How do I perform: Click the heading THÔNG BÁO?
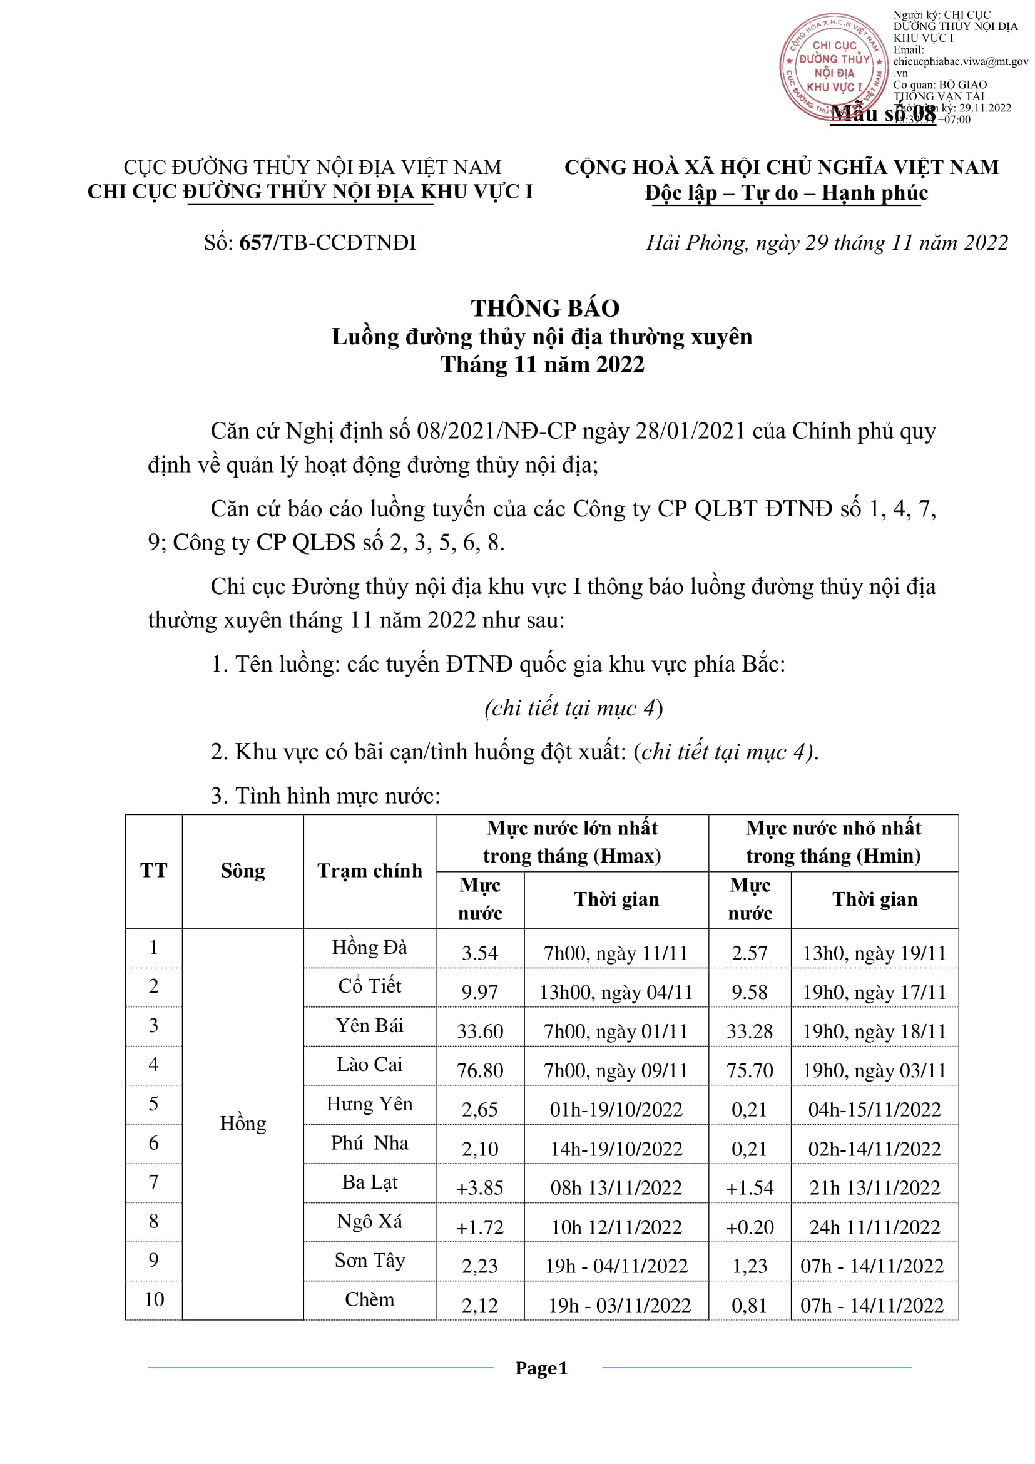click(x=545, y=309)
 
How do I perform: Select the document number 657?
click(x=255, y=243)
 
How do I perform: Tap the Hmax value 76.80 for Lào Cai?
click(x=479, y=1070)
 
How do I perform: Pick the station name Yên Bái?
click(x=370, y=1025)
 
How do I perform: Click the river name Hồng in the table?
click(x=243, y=1123)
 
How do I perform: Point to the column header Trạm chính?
click(x=370, y=871)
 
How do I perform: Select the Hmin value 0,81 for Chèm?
click(x=749, y=1305)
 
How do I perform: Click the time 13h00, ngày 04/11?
click(x=616, y=992)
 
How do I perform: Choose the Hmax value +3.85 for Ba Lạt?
click(x=479, y=1188)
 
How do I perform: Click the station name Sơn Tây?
click(x=370, y=1260)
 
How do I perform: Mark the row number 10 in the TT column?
click(x=154, y=1299)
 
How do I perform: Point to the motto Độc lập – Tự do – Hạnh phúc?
click(x=786, y=193)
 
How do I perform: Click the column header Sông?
click(x=243, y=871)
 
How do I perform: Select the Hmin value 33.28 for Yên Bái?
click(x=750, y=1031)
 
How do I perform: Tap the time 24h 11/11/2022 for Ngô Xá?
click(x=874, y=1227)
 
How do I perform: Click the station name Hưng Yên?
click(x=370, y=1103)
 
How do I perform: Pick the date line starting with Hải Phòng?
click(x=827, y=243)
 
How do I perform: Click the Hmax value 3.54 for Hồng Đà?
click(x=479, y=953)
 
